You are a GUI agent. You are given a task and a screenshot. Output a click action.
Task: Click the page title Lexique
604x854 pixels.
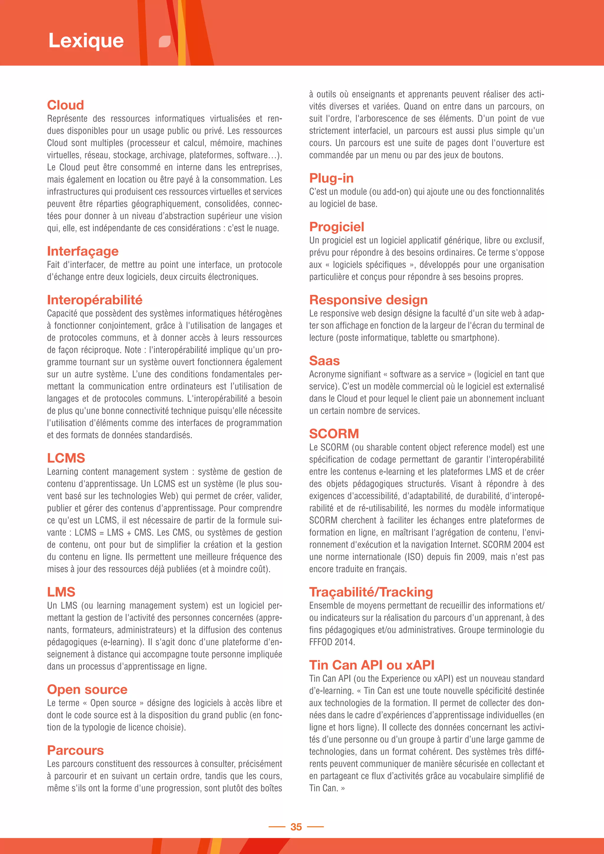86,40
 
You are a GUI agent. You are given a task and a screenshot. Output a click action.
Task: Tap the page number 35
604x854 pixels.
296,827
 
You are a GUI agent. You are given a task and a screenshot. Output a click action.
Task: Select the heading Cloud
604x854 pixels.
65,105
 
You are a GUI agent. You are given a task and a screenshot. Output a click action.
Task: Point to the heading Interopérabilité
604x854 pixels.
94,300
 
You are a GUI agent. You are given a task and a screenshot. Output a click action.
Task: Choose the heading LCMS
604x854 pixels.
66,458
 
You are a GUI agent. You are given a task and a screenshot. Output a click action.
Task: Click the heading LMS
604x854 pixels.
61,592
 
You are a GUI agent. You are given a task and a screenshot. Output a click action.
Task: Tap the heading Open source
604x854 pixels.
87,689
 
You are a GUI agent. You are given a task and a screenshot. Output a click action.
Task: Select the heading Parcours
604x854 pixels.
75,750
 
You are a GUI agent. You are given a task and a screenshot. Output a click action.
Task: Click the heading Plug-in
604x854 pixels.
331,178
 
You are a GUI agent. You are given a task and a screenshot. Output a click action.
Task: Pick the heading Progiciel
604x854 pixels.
336,227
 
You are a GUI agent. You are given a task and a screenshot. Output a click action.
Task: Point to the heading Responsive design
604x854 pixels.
368,300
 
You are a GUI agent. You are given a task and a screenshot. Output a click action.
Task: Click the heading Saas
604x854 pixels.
324,361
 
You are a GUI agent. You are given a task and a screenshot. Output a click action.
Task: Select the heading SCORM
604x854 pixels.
334,434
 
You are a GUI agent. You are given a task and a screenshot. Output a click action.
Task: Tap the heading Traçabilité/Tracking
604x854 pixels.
371,592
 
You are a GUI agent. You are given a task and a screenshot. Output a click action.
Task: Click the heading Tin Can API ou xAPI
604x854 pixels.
372,665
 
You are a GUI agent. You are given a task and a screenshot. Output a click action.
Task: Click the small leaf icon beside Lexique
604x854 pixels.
164,42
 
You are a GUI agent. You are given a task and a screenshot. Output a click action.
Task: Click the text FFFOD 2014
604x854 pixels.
332,642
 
